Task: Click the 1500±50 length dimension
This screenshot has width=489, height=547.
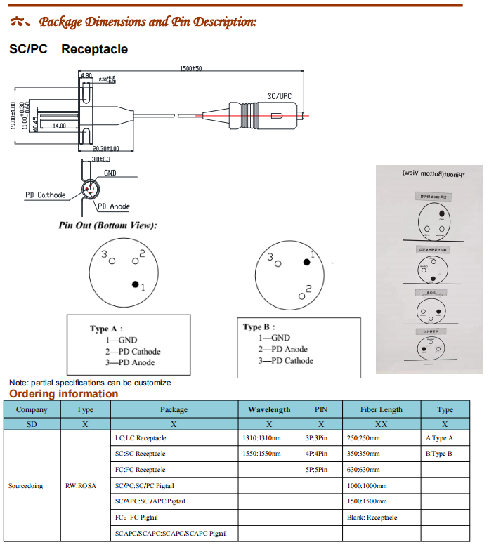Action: (x=190, y=68)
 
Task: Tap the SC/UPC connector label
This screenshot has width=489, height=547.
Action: (x=280, y=95)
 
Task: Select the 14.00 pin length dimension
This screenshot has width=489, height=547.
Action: (x=59, y=125)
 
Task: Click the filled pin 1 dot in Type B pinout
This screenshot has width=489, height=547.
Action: (x=306, y=262)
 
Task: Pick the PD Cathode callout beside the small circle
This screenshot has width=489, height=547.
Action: (x=46, y=195)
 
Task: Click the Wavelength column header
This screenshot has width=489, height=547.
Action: (x=269, y=409)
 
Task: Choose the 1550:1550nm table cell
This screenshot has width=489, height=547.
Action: (x=261, y=454)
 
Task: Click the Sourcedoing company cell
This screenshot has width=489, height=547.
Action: (x=25, y=485)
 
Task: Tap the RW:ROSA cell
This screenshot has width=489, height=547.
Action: (x=81, y=485)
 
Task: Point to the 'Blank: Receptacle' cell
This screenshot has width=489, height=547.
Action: (x=372, y=518)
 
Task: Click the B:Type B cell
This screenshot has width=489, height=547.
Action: (x=439, y=454)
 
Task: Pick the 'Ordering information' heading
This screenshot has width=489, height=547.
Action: (x=64, y=393)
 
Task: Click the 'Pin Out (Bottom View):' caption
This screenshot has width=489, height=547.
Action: (x=107, y=225)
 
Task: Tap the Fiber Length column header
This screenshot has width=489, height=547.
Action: (x=382, y=409)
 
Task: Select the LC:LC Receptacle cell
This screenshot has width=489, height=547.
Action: (x=141, y=437)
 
